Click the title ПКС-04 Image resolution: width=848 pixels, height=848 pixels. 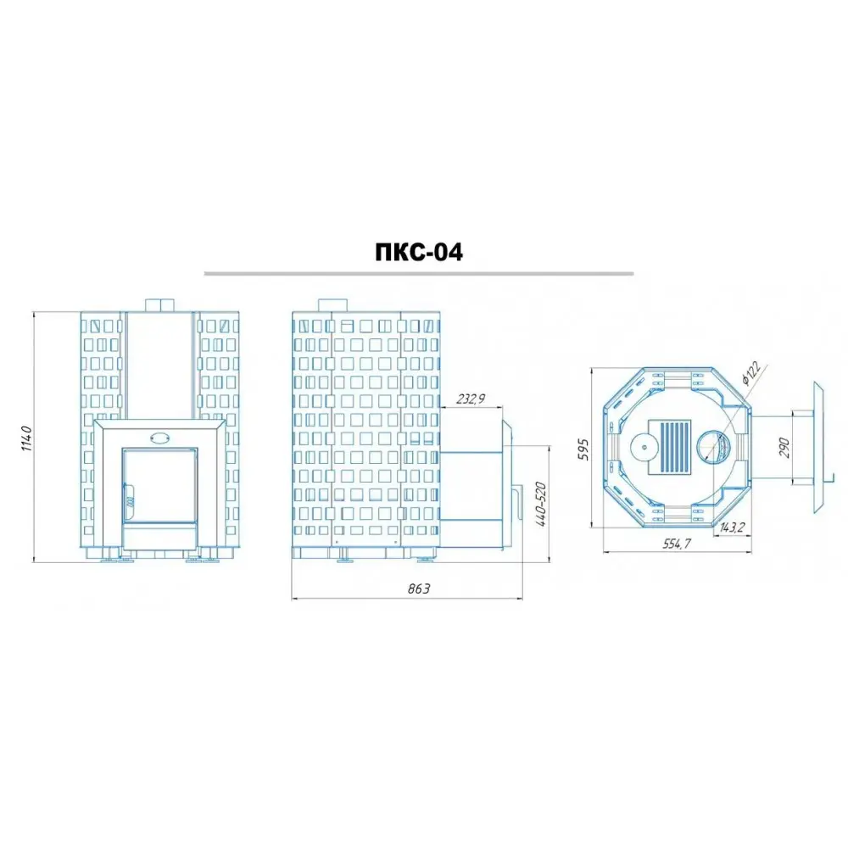click(x=419, y=252)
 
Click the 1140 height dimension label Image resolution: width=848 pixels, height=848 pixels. click(x=27, y=439)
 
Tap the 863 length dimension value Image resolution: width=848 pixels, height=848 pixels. click(x=419, y=589)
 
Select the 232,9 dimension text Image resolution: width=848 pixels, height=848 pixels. click(x=471, y=399)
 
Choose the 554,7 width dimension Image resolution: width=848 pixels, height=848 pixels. click(x=677, y=544)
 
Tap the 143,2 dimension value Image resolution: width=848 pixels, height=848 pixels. click(x=733, y=527)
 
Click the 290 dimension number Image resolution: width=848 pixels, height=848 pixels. click(x=784, y=448)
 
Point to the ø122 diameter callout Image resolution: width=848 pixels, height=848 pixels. click(x=751, y=372)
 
